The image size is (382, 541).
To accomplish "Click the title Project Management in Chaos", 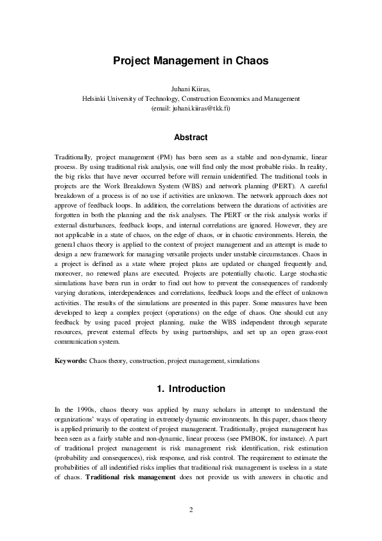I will pos(191,61).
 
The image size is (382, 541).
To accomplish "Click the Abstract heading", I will pos(191,137).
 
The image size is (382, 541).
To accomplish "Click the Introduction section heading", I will pos(191,389).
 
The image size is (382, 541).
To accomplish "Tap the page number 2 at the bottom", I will pos(191,510).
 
